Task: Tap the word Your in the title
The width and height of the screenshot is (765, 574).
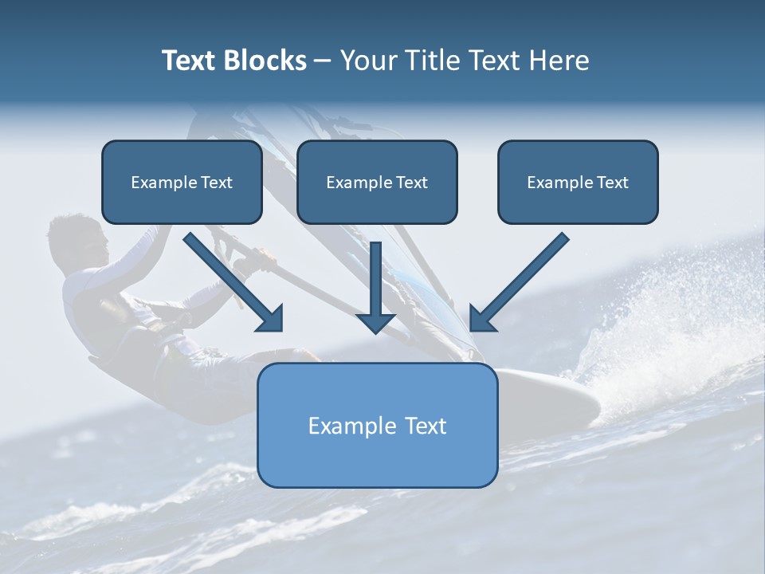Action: pyautogui.click(x=370, y=61)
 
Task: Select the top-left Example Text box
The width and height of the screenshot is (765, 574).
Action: pyautogui.click(x=182, y=183)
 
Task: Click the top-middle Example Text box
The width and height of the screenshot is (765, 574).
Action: pyautogui.click(x=377, y=183)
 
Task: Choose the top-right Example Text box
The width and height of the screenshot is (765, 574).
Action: pyautogui.click(x=578, y=183)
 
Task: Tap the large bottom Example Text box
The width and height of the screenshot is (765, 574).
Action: pyautogui.click(x=377, y=425)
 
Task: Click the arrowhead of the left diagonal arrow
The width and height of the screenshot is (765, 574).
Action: pyautogui.click(x=271, y=319)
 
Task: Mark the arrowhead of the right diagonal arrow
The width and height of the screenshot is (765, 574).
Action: pyautogui.click(x=481, y=319)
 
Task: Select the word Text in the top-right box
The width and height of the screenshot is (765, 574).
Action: pyautogui.click(x=611, y=183)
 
